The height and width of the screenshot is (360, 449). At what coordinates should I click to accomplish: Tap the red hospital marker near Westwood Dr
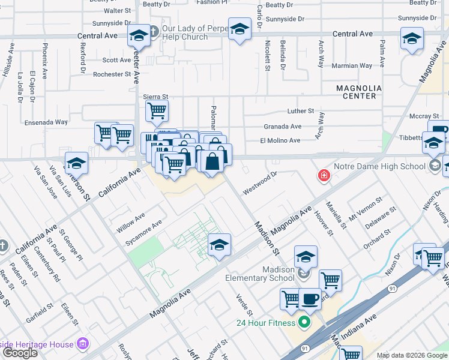pyautogui.click(x=324, y=175)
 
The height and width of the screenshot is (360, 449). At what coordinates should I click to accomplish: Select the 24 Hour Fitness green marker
pyautogui.click(x=304, y=323)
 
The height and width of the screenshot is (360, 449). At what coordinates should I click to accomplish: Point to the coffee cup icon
pyautogui.click(x=310, y=298)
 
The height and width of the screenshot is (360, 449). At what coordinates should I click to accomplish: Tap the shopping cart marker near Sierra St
pyautogui.click(x=157, y=110)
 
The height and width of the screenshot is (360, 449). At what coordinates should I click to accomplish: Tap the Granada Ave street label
pyautogui.click(x=282, y=127)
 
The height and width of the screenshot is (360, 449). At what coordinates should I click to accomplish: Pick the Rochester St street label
pyautogui.click(x=112, y=74)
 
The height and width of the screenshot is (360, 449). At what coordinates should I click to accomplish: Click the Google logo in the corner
pyautogui.click(x=20, y=353)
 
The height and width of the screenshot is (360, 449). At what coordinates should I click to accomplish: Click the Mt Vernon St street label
pyautogui.click(x=366, y=208)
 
